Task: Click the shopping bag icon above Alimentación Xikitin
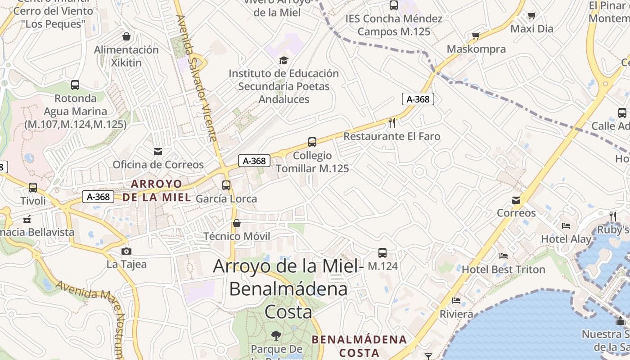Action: click(126, 36)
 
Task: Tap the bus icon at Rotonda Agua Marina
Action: click(75, 85)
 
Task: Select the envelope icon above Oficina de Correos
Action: click(158, 151)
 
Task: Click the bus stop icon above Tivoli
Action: click(33, 187)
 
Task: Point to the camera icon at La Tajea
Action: click(126, 251)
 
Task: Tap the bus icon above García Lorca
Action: click(226, 185)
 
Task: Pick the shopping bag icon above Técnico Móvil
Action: click(237, 223)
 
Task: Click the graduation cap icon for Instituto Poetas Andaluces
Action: click(283, 60)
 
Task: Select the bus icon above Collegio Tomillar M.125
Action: click(312, 142)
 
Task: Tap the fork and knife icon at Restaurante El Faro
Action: click(392, 122)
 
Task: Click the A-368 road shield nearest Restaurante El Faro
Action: click(418, 99)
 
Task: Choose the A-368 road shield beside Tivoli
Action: click(98, 197)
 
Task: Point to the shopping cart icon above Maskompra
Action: click(476, 36)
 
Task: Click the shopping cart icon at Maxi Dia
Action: click(531, 16)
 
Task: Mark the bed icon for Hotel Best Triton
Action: click(504, 256)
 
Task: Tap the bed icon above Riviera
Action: click(456, 300)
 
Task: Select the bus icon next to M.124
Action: click(382, 253)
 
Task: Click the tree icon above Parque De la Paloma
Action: click(276, 335)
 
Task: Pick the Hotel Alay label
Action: click(566, 239)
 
